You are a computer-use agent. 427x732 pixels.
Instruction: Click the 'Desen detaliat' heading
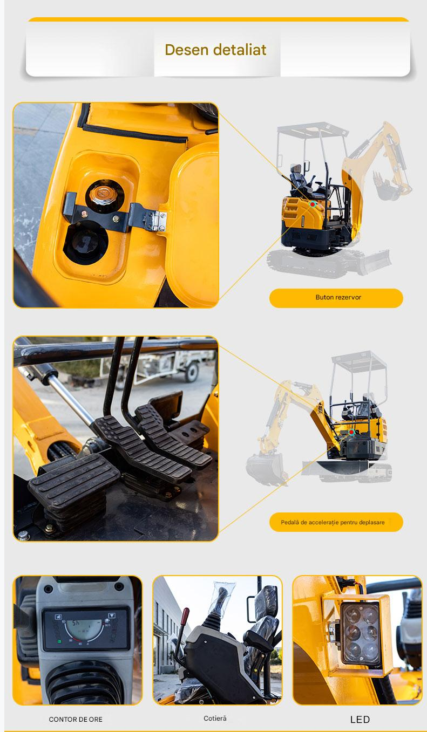tap(215, 50)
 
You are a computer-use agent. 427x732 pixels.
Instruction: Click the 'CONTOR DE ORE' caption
tap(76, 719)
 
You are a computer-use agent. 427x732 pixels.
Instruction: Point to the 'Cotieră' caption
tap(215, 719)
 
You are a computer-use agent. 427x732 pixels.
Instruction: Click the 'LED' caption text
tap(360, 719)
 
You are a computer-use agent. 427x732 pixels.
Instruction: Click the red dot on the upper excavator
tap(313, 204)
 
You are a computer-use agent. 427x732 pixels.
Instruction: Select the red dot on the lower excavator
tap(351, 432)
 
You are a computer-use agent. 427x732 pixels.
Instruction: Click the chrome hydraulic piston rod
tap(71, 400)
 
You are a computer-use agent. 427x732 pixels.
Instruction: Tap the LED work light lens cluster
tap(360, 634)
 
